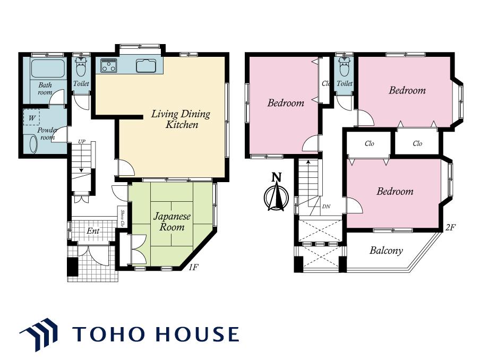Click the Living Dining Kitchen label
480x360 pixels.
pyautogui.click(x=181, y=119)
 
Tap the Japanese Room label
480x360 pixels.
pyautogui.click(x=172, y=221)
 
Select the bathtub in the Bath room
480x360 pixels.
pyautogui.click(x=48, y=68)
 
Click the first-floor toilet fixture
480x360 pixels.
pyautogui.click(x=81, y=67)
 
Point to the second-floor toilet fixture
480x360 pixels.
pyautogui.click(x=344, y=67)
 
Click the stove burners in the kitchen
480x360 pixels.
pyautogui.click(x=108, y=65)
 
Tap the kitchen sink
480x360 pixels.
pyautogui.click(x=147, y=65)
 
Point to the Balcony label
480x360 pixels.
pyautogui.click(x=386, y=251)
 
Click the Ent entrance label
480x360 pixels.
pyautogui.click(x=93, y=230)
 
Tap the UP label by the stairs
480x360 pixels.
pyautogui.click(x=82, y=142)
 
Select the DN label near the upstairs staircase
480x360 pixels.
pyautogui.click(x=327, y=207)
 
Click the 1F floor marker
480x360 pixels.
pyautogui.click(x=194, y=267)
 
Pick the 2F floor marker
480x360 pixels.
pyautogui.click(x=451, y=227)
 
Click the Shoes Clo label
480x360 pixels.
pyautogui.click(x=122, y=218)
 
